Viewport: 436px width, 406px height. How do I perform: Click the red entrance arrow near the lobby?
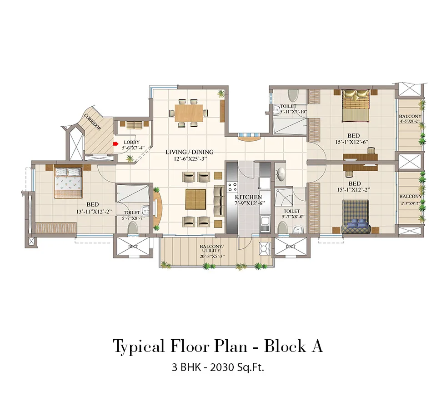[115, 144]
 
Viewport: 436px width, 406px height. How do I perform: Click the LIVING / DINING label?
[190, 152]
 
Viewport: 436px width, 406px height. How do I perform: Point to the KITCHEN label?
[248, 197]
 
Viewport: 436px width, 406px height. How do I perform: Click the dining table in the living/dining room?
[189, 112]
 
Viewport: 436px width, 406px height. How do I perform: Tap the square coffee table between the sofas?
[195, 199]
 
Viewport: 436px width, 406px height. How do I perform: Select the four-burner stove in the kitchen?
[232, 187]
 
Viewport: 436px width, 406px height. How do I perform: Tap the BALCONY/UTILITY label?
[211, 248]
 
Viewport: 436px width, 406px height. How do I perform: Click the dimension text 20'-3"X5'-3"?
[211, 257]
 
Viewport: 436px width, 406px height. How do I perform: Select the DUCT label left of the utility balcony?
[133, 247]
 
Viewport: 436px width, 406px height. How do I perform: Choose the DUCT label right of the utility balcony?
[290, 247]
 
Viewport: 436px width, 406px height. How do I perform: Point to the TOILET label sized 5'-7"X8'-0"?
[291, 211]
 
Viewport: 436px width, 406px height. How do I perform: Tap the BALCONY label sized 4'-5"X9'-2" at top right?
[410, 117]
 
